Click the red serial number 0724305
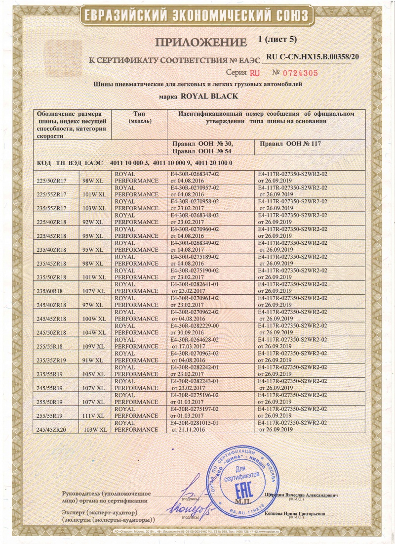pyautogui.click(x=295, y=72)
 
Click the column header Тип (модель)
pyautogui.click(x=139, y=117)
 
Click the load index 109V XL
pyautogui.click(x=95, y=347)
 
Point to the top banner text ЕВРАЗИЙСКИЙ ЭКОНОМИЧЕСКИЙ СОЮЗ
pyautogui.click(x=197, y=14)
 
